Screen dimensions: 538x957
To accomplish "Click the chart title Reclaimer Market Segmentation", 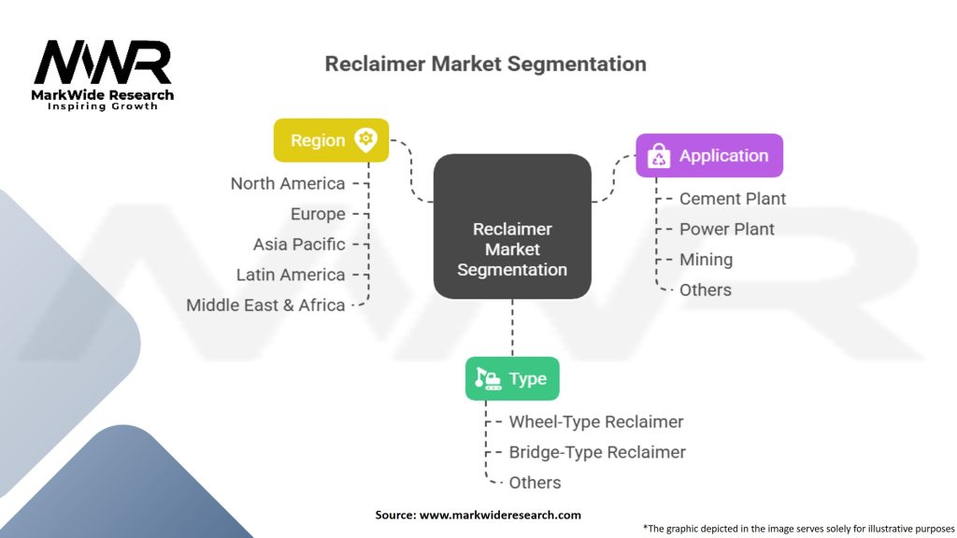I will [x=485, y=64].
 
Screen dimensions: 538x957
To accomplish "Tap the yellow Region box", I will [x=331, y=140].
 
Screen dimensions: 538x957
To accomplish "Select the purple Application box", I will [x=709, y=156].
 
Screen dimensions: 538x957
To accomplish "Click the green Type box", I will [x=512, y=378].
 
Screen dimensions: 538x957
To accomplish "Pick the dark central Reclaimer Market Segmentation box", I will [x=512, y=227].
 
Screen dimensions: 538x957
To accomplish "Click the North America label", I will [x=288, y=184].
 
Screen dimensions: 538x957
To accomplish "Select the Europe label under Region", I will [x=318, y=214].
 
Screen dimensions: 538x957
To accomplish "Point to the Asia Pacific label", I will [x=299, y=245].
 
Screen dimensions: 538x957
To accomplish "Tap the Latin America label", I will [x=291, y=275].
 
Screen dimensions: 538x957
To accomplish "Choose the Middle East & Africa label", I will [x=265, y=304].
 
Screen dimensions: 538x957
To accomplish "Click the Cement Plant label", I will [x=733, y=199].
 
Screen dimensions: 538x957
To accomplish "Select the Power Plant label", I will [x=727, y=229].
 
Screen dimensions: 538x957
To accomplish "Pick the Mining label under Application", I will [x=706, y=260].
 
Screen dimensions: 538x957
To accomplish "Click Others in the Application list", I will [x=706, y=290].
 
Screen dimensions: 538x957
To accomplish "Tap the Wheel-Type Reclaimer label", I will [x=596, y=422].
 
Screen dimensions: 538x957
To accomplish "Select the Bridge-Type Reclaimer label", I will [x=597, y=452].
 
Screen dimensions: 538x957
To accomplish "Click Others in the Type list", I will [x=535, y=483].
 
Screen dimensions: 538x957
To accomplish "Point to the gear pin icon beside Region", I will [x=365, y=140].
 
